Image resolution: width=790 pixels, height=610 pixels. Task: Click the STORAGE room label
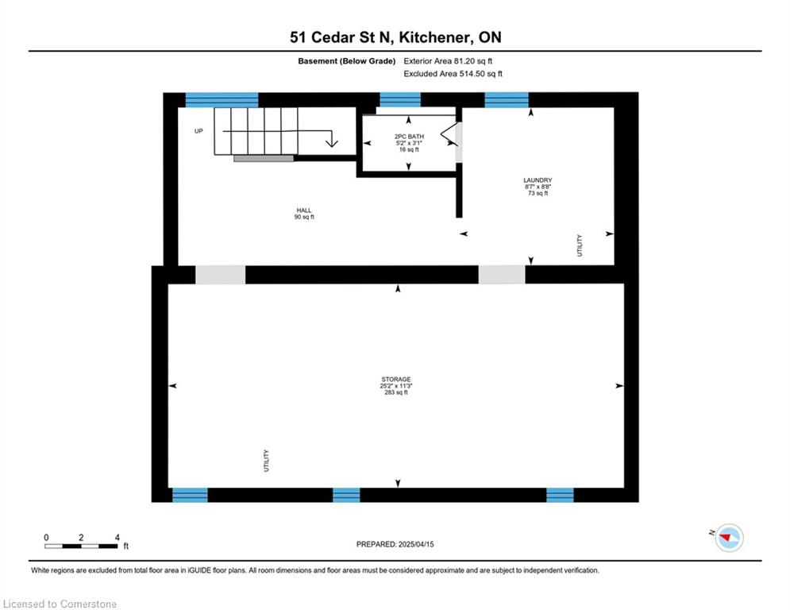[396, 379]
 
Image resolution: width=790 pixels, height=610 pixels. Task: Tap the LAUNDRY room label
[538, 180]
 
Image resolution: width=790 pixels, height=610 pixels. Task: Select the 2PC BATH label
[409, 137]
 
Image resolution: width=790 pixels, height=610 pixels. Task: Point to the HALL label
[304, 210]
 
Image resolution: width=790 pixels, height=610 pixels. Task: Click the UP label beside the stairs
[198, 131]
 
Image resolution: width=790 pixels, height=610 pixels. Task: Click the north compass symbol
[729, 538]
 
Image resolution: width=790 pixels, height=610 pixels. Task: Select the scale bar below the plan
[81, 546]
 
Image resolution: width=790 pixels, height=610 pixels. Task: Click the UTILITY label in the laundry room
[580, 245]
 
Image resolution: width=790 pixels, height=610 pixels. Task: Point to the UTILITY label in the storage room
[266, 461]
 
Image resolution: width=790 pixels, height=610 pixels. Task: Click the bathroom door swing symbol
[449, 134]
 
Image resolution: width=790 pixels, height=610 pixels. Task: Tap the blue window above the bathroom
[400, 99]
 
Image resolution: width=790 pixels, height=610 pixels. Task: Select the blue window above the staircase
[222, 100]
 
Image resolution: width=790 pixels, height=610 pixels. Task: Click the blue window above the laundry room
[507, 100]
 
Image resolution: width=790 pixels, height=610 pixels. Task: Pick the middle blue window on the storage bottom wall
[347, 495]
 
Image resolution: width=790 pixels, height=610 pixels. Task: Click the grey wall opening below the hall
[221, 275]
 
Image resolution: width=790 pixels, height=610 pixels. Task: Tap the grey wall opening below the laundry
[502, 275]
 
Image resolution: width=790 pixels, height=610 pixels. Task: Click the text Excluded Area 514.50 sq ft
[453, 74]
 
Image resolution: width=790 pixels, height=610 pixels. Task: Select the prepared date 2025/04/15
[416, 544]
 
